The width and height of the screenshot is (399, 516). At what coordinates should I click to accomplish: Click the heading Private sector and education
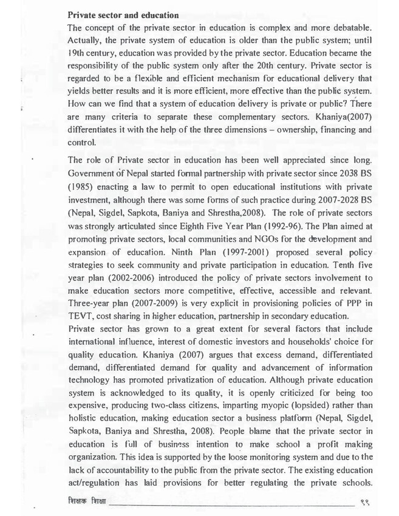(x=123, y=15)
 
